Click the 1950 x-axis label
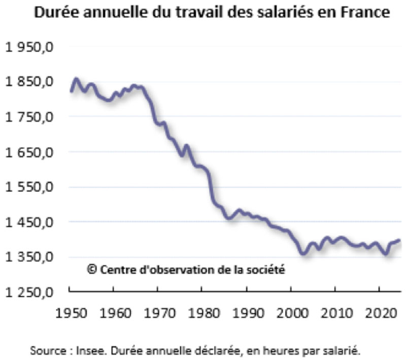pyautogui.click(x=70, y=310)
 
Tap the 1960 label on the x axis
pyautogui.click(x=114, y=310)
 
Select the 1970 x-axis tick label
pyautogui.click(x=158, y=310)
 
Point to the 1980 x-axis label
pyautogui.click(x=202, y=310)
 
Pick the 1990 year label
pyautogui.click(x=247, y=310)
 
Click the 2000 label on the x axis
pyautogui.click(x=291, y=310)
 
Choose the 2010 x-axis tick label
pyautogui.click(x=335, y=310)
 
